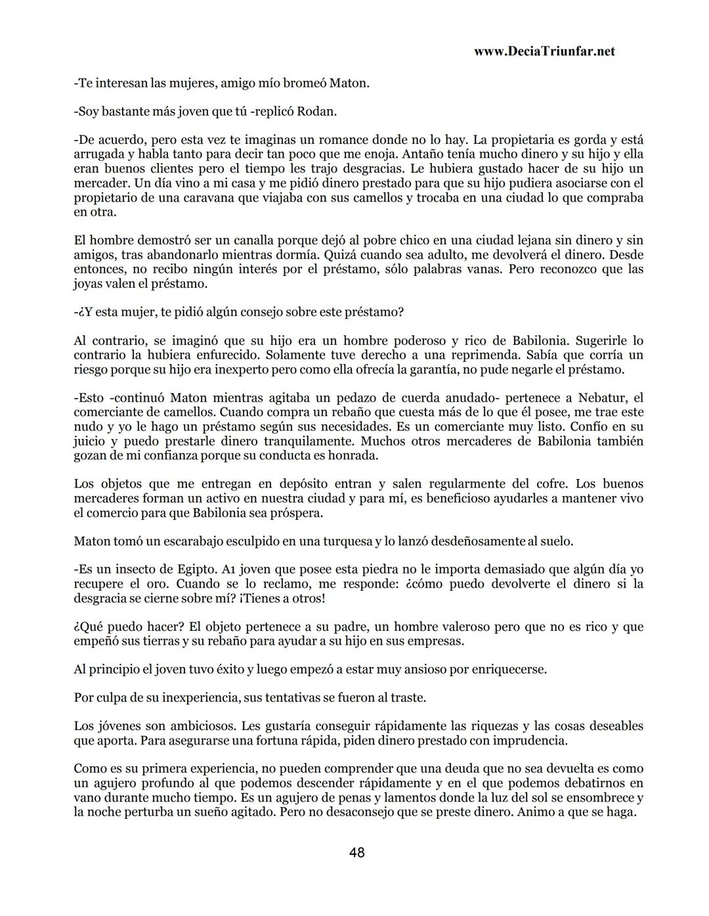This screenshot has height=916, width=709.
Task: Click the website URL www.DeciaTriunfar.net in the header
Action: [544, 51]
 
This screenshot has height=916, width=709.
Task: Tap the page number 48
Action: [357, 853]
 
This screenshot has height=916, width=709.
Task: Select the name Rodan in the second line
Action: [316, 112]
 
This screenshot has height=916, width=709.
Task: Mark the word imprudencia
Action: [529, 741]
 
